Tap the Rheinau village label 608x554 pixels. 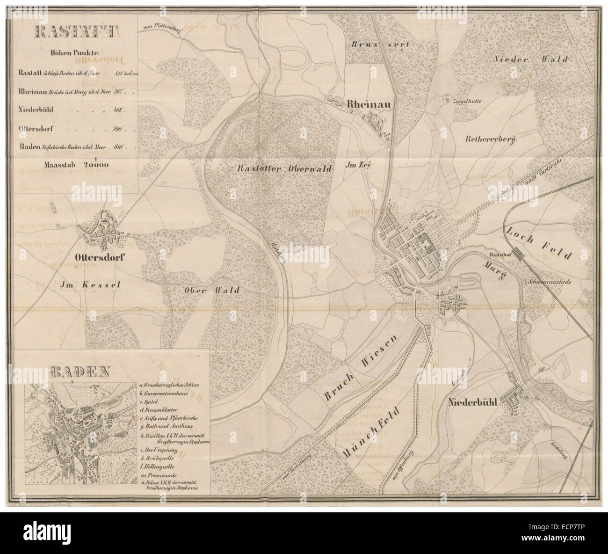tap(368, 105)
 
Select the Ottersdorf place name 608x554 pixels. tap(101, 257)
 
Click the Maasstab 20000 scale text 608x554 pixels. tap(76, 164)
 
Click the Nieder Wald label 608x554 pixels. tap(530, 59)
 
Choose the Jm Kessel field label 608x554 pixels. tap(91, 284)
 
